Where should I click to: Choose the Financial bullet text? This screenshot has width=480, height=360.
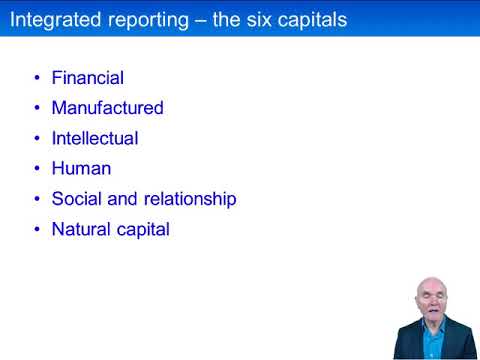[x=88, y=77]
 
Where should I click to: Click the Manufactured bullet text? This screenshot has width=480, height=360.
[x=107, y=107]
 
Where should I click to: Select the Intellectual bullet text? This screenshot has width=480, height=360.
[x=95, y=138]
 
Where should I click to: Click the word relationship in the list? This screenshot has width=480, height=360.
[x=189, y=199]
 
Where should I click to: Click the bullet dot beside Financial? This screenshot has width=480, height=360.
[x=37, y=78]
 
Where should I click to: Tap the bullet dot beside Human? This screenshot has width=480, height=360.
[x=37, y=169]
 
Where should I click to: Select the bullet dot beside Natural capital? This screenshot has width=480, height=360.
[x=37, y=230]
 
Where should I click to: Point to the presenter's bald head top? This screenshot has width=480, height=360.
[x=429, y=281]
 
